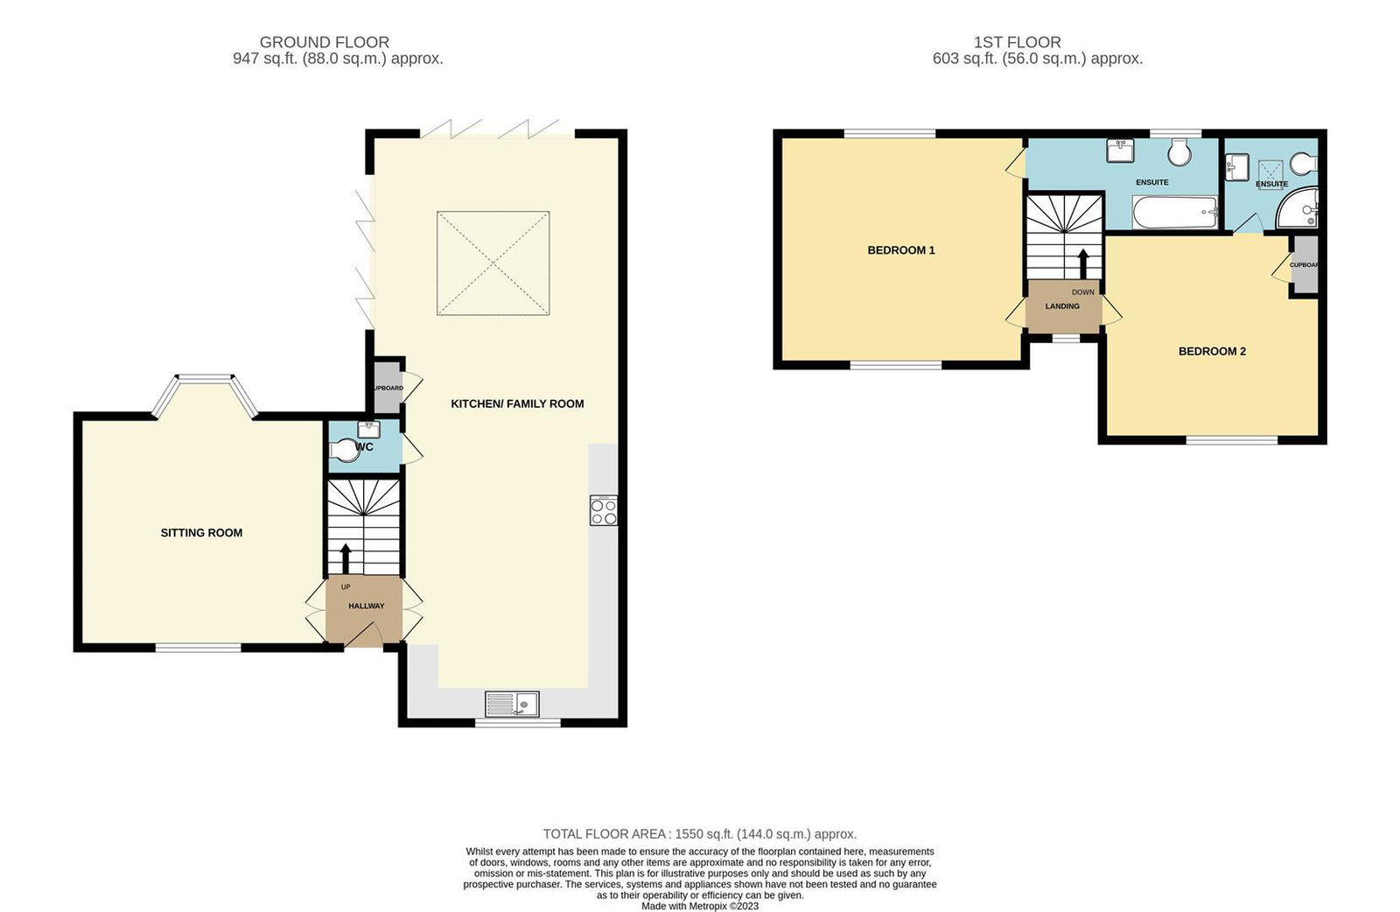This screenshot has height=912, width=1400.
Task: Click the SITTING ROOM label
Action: [201, 532]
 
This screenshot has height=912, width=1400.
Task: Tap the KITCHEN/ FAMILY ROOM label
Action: [517, 403]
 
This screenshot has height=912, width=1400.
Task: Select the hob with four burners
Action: [604, 510]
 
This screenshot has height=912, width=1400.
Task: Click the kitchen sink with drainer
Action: [512, 704]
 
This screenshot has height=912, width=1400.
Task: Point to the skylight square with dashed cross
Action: [493, 263]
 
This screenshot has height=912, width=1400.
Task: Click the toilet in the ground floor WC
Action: [345, 451]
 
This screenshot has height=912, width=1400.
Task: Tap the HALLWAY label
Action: [366, 606]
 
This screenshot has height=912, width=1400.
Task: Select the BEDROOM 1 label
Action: [901, 250]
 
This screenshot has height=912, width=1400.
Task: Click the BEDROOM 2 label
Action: [1212, 351]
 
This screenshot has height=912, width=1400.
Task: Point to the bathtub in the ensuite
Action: [1173, 211]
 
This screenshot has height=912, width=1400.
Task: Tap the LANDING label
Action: [1061, 306]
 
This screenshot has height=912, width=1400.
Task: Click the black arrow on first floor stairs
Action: [1082, 263]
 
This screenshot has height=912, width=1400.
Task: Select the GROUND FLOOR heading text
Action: [325, 42]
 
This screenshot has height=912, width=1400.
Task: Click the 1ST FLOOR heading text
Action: [1017, 42]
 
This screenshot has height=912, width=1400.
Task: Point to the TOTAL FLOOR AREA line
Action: [699, 834]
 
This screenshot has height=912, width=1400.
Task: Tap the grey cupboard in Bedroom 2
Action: [1305, 264]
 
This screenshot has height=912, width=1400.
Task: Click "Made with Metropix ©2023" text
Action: [699, 906]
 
